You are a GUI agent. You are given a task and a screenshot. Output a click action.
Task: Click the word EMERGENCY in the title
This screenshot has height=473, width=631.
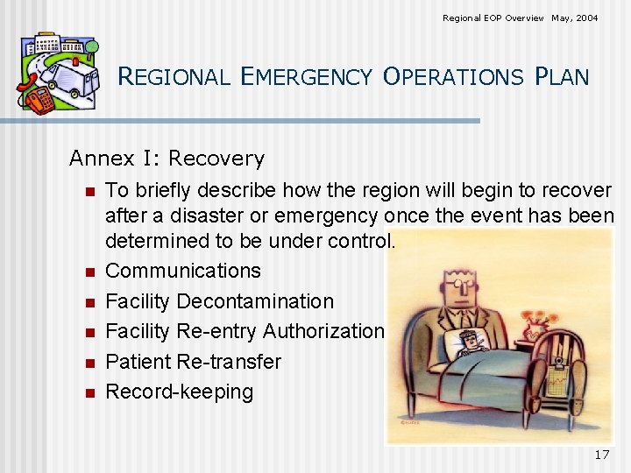pos(306,77)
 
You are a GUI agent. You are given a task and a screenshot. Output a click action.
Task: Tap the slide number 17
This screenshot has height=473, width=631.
pos(601,455)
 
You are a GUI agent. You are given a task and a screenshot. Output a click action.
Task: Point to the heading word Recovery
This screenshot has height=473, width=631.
pos(216,159)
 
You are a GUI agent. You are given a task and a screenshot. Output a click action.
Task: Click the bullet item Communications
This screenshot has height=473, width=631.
pos(182,271)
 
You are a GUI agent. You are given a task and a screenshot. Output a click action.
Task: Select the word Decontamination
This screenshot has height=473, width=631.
pos(255,301)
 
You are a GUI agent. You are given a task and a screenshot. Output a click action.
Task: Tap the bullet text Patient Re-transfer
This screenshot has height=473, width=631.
pos(193,362)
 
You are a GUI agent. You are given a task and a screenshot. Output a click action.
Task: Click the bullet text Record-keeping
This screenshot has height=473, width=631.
pos(179,392)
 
